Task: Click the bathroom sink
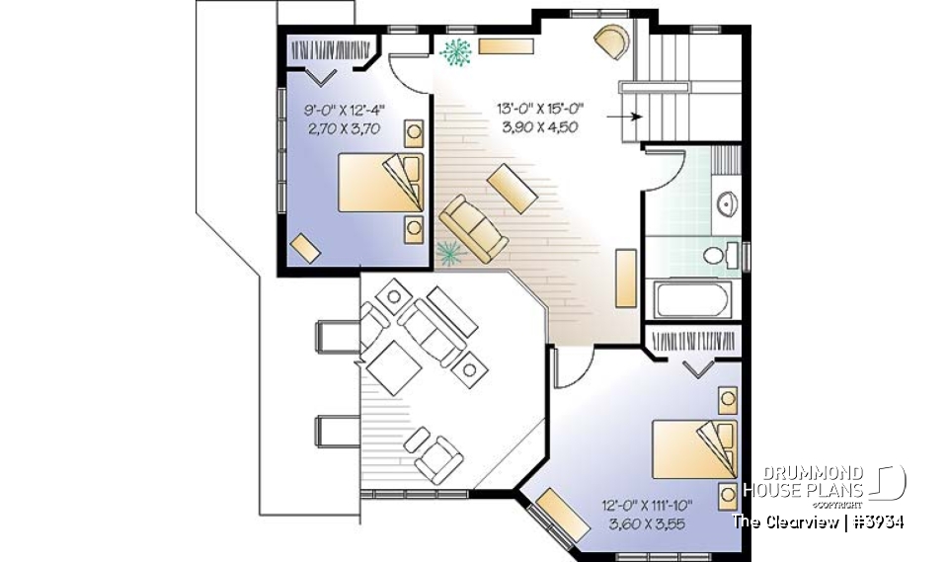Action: click(726, 204)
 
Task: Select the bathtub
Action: click(690, 297)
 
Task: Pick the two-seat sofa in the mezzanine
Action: click(469, 230)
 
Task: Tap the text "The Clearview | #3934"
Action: click(818, 521)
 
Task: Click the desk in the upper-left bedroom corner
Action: click(305, 247)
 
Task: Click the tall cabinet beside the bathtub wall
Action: click(624, 278)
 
